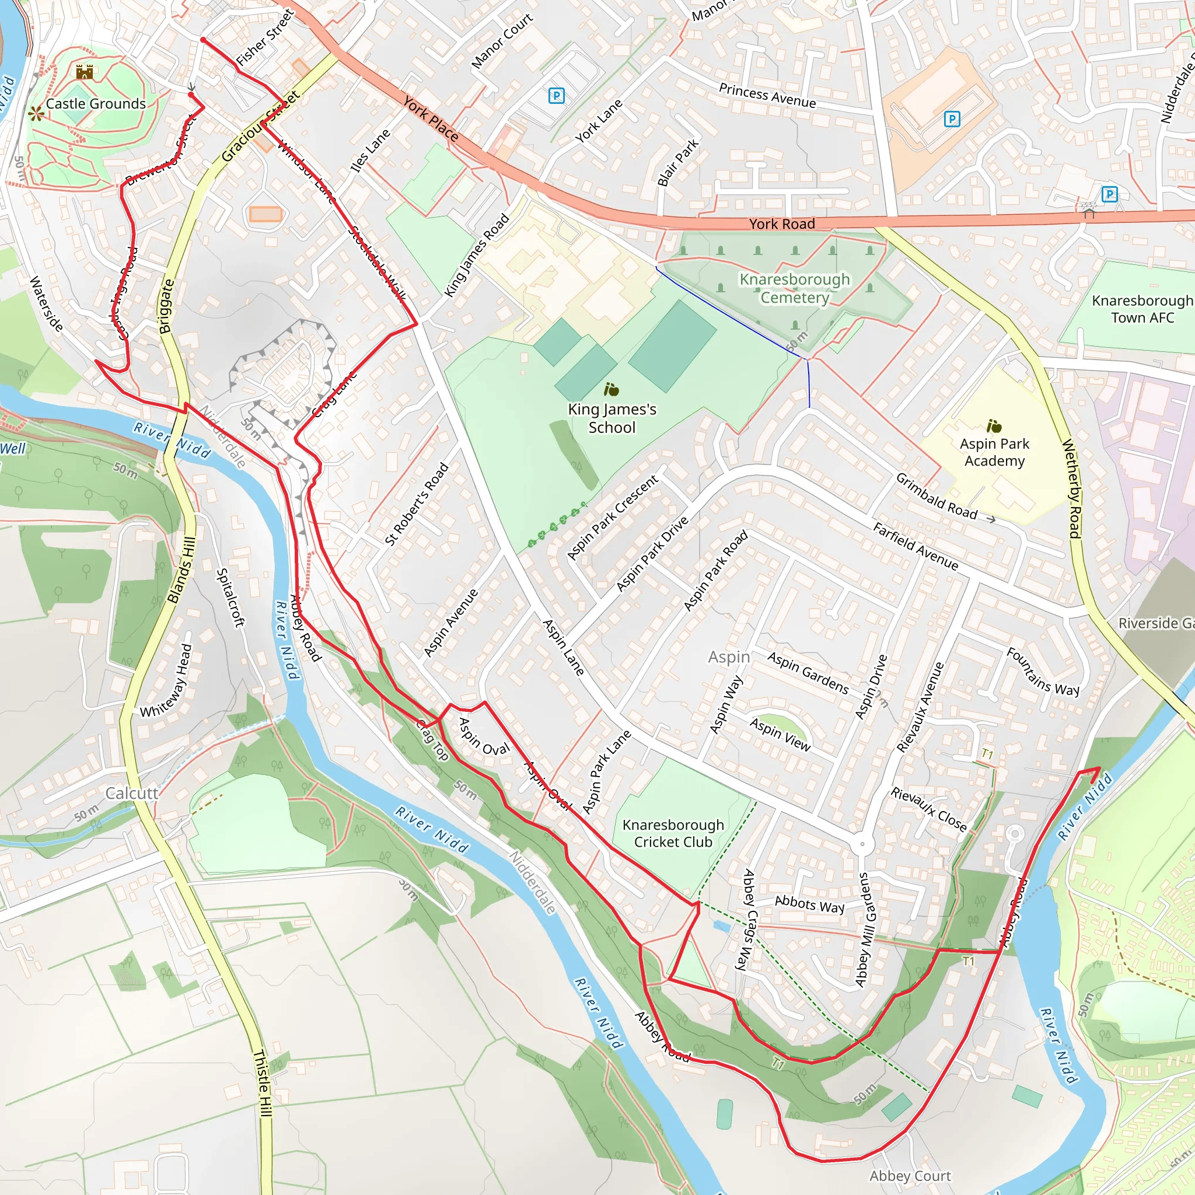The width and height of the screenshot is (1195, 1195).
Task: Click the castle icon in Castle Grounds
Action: (85, 72)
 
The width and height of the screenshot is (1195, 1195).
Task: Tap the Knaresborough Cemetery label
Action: (794, 288)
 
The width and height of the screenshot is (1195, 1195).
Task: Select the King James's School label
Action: (612, 418)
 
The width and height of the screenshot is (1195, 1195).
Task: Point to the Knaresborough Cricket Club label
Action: (673, 833)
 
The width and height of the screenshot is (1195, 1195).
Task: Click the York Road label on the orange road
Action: (782, 224)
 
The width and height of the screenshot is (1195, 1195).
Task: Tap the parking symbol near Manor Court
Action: (556, 96)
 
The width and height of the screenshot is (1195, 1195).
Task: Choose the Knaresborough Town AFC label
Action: (1142, 309)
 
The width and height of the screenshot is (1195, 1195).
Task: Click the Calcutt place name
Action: (132, 793)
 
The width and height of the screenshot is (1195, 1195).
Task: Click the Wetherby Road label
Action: (1072, 488)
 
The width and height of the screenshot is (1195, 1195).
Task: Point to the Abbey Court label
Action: (910, 1176)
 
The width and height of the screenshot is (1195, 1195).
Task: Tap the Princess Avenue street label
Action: (767, 96)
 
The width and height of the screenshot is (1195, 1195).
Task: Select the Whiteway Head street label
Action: (166, 680)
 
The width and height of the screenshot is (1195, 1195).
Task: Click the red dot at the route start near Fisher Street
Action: (203, 40)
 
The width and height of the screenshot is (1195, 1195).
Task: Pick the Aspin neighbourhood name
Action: (729, 657)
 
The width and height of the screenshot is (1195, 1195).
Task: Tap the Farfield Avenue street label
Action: (916, 546)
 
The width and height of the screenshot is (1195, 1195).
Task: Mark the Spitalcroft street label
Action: (230, 597)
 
